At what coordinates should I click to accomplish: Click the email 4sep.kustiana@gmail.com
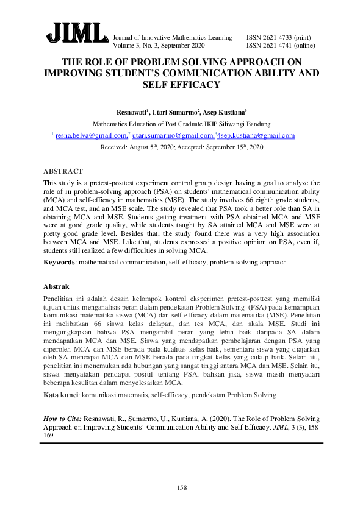(256, 136)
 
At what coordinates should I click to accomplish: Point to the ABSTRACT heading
(63, 172)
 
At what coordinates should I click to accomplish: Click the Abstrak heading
(56, 286)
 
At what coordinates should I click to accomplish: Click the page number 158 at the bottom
(181, 487)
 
